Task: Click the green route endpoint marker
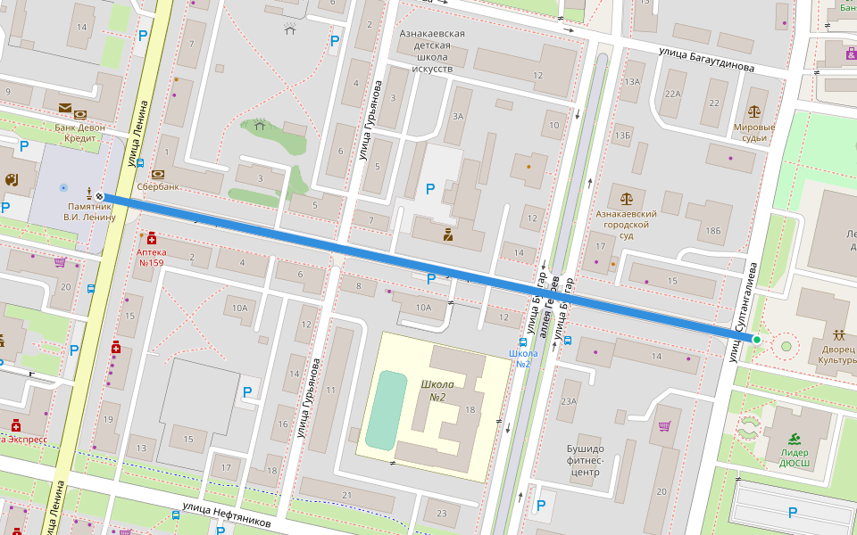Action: pyautogui.click(x=756, y=340)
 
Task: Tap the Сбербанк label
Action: pyautogui.click(x=159, y=187)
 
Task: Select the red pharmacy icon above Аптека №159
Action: pyautogui.click(x=152, y=238)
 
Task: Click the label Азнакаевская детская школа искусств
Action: pyautogui.click(x=432, y=51)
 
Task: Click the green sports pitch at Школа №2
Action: pyautogui.click(x=386, y=410)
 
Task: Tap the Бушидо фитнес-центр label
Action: pyautogui.click(x=586, y=460)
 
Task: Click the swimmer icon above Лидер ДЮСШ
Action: pyautogui.click(x=795, y=438)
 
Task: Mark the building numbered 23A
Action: pyautogui.click(x=568, y=401)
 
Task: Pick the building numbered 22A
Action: pyautogui.click(x=672, y=94)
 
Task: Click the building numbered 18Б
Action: pyautogui.click(x=712, y=231)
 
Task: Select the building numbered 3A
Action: pyautogui.click(x=459, y=116)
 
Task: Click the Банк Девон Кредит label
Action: pyautogui.click(x=79, y=133)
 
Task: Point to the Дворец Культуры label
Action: pyautogui.click(x=836, y=355)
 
